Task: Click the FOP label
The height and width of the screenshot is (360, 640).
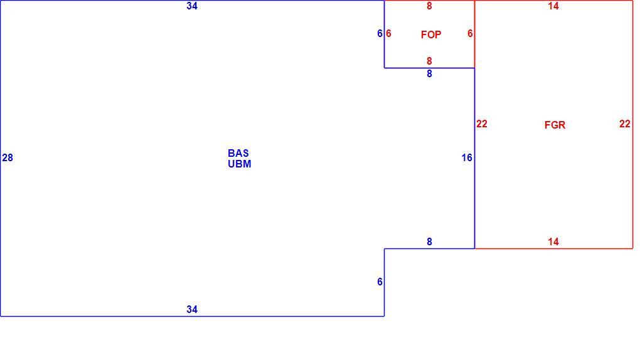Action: (431, 34)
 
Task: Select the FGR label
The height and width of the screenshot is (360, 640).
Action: (555, 125)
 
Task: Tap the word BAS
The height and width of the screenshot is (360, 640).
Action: (238, 153)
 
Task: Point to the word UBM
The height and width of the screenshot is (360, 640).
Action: (240, 164)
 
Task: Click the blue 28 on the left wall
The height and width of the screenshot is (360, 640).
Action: (8, 157)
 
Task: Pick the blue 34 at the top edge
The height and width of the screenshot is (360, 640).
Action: (192, 6)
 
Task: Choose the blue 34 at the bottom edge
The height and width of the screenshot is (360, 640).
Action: (192, 309)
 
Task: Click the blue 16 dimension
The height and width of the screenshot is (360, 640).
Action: (467, 157)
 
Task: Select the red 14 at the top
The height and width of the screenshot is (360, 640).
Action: (553, 6)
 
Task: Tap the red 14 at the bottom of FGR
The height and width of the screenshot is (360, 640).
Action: (553, 241)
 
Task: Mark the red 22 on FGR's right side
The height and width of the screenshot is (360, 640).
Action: (624, 124)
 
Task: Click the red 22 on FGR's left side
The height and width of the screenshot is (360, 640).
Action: (482, 124)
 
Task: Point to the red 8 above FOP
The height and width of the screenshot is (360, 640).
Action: (429, 6)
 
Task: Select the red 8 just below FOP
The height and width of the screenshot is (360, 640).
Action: (429, 61)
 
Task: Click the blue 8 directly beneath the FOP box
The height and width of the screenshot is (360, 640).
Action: (429, 73)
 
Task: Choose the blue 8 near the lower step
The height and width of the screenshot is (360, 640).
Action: (429, 241)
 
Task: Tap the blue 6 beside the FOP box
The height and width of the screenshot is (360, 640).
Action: (380, 33)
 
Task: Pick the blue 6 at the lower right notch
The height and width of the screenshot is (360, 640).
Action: (380, 282)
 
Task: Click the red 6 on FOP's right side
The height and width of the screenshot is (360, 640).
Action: (470, 33)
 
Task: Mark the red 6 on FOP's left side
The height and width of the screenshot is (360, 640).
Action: (388, 33)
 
